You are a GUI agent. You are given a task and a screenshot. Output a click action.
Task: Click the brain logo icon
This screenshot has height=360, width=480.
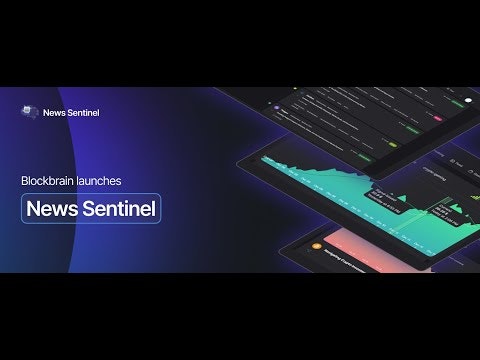coord(30,112)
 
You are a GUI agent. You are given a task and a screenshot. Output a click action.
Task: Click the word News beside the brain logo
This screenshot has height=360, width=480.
coord(56,113)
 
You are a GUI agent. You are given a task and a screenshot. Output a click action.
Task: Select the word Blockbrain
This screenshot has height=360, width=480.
coord(48,181)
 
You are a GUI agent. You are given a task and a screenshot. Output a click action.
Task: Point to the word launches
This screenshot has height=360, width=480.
coord(103,181)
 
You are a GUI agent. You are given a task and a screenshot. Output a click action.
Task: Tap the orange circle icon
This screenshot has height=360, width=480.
coord(316,245)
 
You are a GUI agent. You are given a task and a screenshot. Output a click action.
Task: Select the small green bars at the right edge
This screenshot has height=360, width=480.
coord(446,207)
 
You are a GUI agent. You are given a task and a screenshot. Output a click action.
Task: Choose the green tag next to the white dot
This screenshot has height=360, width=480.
coord(447,102)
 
